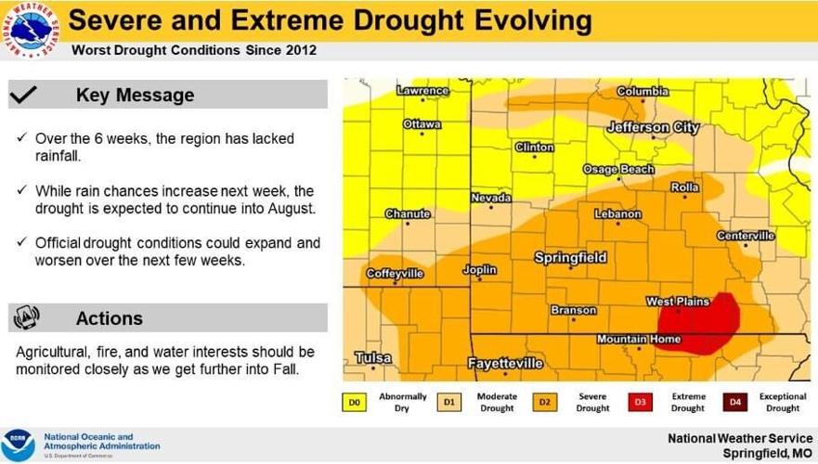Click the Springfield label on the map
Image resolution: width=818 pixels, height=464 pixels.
tap(570, 257)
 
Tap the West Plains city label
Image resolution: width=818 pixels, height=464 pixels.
tap(678, 302)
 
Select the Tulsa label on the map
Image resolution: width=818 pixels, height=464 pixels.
tap(373, 357)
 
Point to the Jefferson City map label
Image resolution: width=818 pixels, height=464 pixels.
tap(653, 127)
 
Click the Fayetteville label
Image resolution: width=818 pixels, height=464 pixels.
tap(505, 364)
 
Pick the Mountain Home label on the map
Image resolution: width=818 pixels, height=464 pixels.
tap(638, 340)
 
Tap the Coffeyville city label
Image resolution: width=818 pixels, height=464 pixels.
tap(395, 274)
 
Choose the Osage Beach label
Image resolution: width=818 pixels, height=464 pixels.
tap(618, 170)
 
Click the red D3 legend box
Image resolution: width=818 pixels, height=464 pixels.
tap(640, 402)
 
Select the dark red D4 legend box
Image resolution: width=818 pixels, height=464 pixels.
tap(735, 402)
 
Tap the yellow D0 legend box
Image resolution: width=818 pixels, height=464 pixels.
tap(354, 402)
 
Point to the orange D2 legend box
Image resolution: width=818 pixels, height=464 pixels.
tap(544, 402)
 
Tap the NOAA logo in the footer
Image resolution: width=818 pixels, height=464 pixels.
tap(19, 443)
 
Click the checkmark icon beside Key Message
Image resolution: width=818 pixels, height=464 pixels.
tap(27, 95)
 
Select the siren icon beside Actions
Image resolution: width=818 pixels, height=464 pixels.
tap(27, 318)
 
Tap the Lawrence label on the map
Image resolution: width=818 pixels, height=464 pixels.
tap(422, 91)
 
